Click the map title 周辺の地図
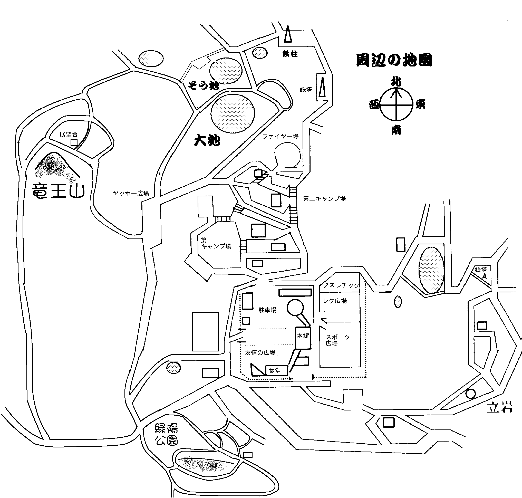pyautogui.click(x=394, y=60)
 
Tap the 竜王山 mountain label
pyautogui.click(x=58, y=191)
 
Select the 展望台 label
pyautogui.click(x=69, y=135)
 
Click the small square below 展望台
pyautogui.click(x=74, y=143)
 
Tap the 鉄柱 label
pyautogui.click(x=290, y=54)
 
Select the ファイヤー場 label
pyautogui.click(x=281, y=137)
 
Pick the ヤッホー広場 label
pyautogui.click(x=131, y=193)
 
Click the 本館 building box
pyautogui.click(x=303, y=338)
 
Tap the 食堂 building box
pyautogui.click(x=276, y=371)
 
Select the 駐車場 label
pyautogui.click(x=267, y=310)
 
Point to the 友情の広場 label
pyautogui.click(x=260, y=352)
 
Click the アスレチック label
pyautogui.click(x=341, y=285)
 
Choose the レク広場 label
pyautogui.click(x=335, y=301)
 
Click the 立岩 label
pyautogui.click(x=499, y=408)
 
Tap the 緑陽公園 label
pyautogui.click(x=166, y=435)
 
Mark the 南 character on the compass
pyautogui.click(x=396, y=130)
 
